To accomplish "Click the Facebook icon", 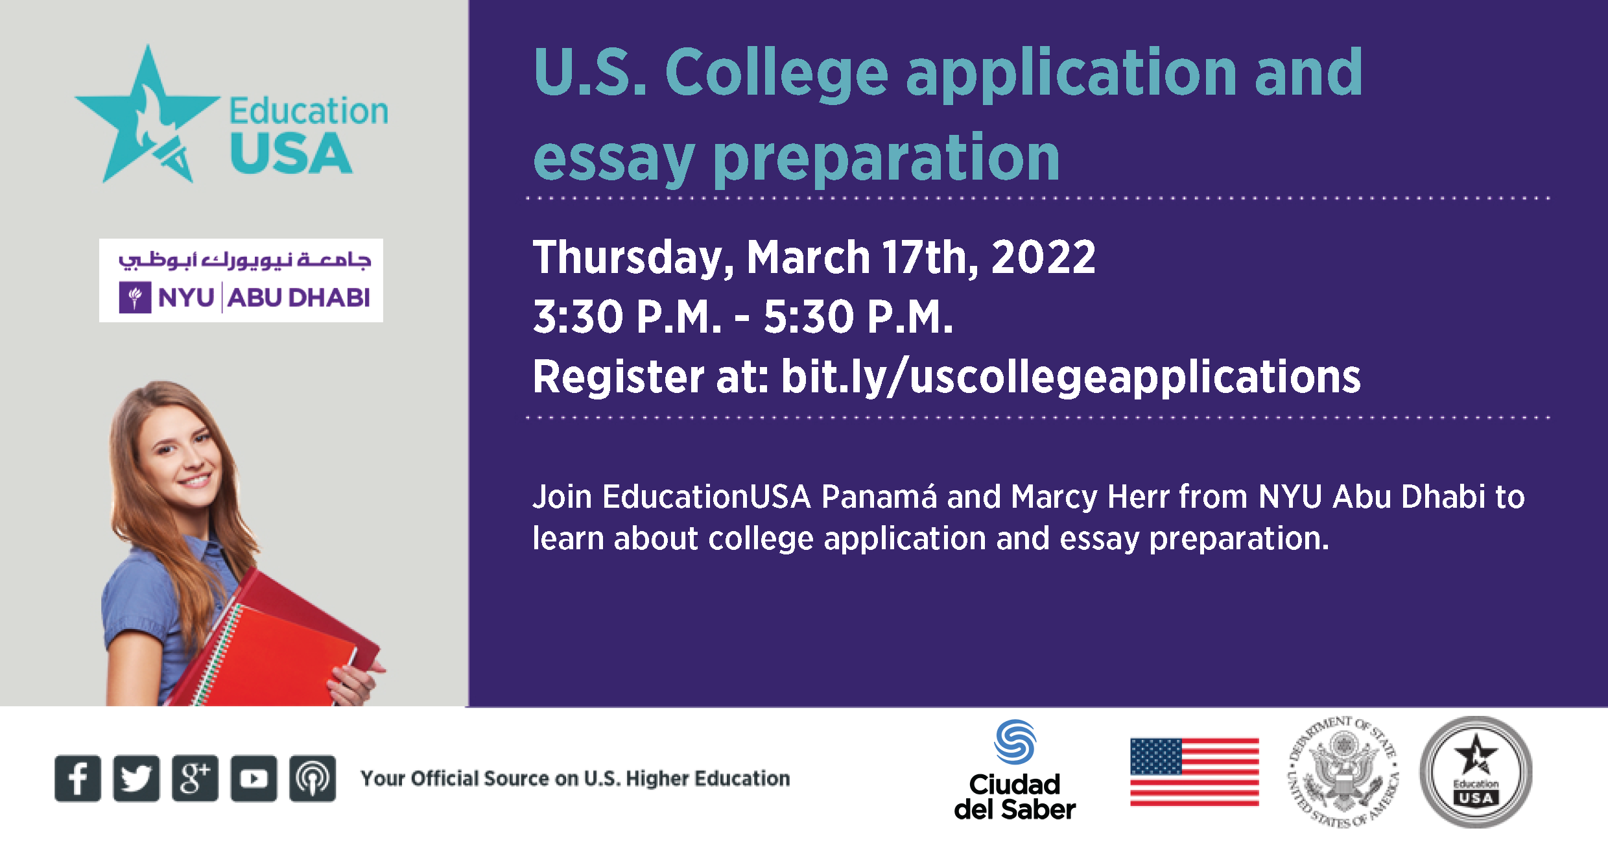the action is click(x=78, y=778).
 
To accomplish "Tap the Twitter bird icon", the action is click(x=136, y=778).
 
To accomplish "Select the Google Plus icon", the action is click(x=195, y=778).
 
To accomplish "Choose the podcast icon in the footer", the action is click(x=313, y=778).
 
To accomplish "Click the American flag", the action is click(x=1194, y=772).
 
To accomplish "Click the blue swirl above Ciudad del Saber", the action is click(x=1015, y=742).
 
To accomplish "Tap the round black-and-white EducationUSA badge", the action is click(x=1476, y=772).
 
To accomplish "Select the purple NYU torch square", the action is click(x=135, y=297).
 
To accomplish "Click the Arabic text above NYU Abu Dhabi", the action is click(x=244, y=260).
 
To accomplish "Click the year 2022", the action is click(x=1043, y=257).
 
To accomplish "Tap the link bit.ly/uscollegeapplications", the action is click(x=1070, y=377).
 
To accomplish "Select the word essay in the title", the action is click(x=613, y=160).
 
